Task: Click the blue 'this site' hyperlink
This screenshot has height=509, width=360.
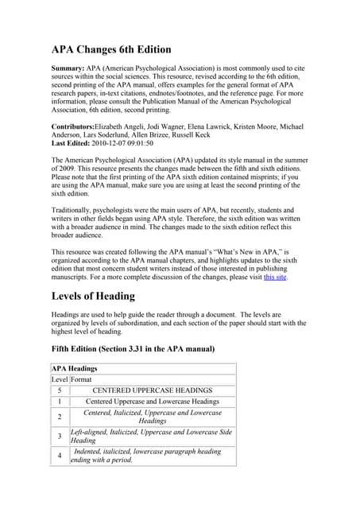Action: (x=275, y=277)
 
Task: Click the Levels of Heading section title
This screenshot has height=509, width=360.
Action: (x=93, y=297)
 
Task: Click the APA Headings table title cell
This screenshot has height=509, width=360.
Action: (x=75, y=368)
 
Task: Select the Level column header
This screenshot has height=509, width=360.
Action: (x=60, y=379)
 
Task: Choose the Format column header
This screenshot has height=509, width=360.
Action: (x=82, y=379)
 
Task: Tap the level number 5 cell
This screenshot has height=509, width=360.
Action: (x=60, y=390)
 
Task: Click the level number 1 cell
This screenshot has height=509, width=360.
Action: (x=60, y=402)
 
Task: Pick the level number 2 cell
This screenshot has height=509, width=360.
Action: (x=60, y=417)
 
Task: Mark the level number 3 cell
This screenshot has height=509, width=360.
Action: (x=60, y=436)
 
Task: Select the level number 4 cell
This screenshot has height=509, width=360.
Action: (x=60, y=456)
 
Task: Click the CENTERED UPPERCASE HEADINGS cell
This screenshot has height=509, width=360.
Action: (x=153, y=390)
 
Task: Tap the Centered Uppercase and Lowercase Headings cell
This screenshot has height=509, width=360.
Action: (x=152, y=402)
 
